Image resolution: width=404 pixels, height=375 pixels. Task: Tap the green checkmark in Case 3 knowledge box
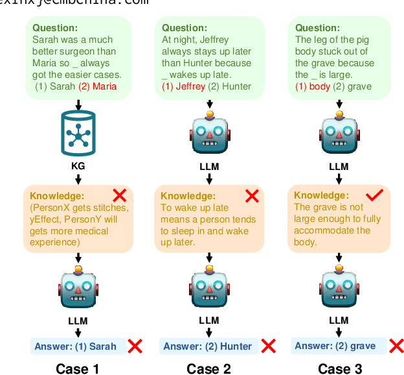[376, 195]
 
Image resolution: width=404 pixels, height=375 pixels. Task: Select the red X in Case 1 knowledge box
[120, 195]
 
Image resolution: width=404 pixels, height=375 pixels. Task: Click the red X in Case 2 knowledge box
[252, 195]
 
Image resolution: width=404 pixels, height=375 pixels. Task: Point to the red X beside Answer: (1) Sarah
[135, 346]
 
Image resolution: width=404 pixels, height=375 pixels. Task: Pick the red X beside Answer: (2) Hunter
[268, 346]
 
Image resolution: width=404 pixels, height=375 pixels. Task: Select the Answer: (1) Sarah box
[76, 346]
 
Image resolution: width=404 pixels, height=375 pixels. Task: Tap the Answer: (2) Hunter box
[207, 346]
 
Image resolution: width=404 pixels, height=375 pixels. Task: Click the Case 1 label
[78, 369]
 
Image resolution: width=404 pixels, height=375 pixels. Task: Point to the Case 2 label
[208, 369]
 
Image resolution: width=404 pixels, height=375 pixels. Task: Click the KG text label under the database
[78, 167]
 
